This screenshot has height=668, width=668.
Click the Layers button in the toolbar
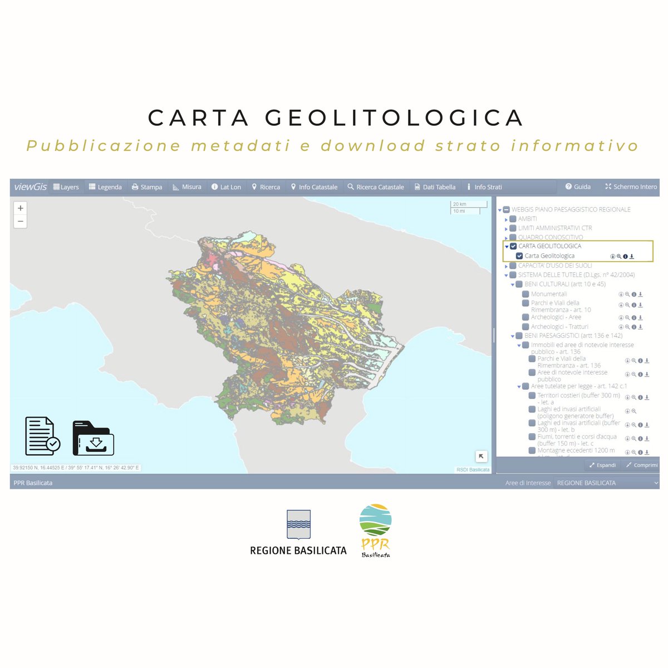pos(66,187)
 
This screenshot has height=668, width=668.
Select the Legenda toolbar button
pos(105,187)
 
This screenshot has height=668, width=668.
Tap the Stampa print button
pos(147,187)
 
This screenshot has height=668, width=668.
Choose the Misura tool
pos(187,187)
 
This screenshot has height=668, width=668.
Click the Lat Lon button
pos(226,187)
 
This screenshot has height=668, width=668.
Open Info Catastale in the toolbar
pos(314,187)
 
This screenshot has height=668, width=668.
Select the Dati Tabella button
pos(435,187)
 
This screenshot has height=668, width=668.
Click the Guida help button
pos(578,187)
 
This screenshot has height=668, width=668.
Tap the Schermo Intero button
pos(631,187)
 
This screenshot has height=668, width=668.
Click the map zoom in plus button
pos(21,208)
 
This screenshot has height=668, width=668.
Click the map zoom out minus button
pos(21,222)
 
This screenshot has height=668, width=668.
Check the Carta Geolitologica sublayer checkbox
pos(519,256)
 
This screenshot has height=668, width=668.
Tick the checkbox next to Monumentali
pos(525,294)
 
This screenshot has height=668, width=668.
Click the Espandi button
pos(602,465)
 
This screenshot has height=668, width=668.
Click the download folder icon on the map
pos(93,438)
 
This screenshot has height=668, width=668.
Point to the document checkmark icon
pos(42,436)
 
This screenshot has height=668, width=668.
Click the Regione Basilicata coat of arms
pos(298,524)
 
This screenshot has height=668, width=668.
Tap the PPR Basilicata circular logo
pos(375,520)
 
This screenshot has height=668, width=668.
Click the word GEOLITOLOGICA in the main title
pos(394,118)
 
